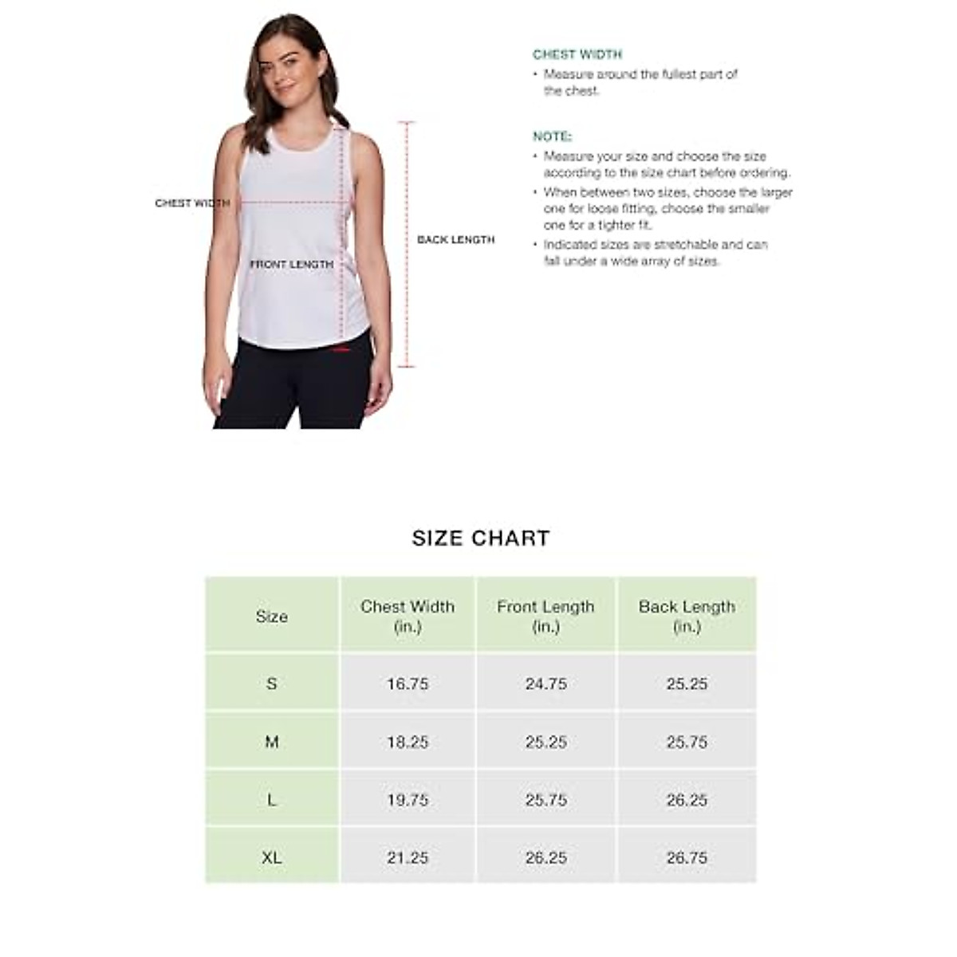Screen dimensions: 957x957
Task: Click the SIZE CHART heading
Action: coord(481,538)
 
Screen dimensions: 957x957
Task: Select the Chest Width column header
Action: coord(408,616)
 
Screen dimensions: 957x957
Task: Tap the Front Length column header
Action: coord(545,616)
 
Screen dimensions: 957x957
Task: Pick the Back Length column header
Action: coord(687,616)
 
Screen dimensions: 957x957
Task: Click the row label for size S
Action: coord(272,683)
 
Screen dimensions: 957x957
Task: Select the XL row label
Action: coord(272,858)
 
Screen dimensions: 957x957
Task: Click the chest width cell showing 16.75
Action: coord(408,684)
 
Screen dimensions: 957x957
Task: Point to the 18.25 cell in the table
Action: coord(408,742)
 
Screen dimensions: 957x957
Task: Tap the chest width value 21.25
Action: coord(408,858)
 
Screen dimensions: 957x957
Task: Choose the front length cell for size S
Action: coord(546,684)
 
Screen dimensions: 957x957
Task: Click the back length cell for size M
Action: coord(687,742)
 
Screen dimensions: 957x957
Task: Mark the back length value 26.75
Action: coord(687,858)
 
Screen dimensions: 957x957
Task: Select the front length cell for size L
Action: coord(546,800)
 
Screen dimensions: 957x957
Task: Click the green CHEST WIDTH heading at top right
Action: coord(577,55)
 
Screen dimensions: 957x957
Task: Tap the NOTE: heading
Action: coord(552,136)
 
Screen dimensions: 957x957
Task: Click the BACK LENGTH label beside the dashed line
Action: coord(456,239)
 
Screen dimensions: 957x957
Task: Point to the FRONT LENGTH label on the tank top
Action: coord(292,264)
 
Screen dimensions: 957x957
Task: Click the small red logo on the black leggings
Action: coord(342,349)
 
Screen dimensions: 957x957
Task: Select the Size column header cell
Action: coord(272,616)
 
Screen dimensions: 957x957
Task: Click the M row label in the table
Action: coord(272,742)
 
